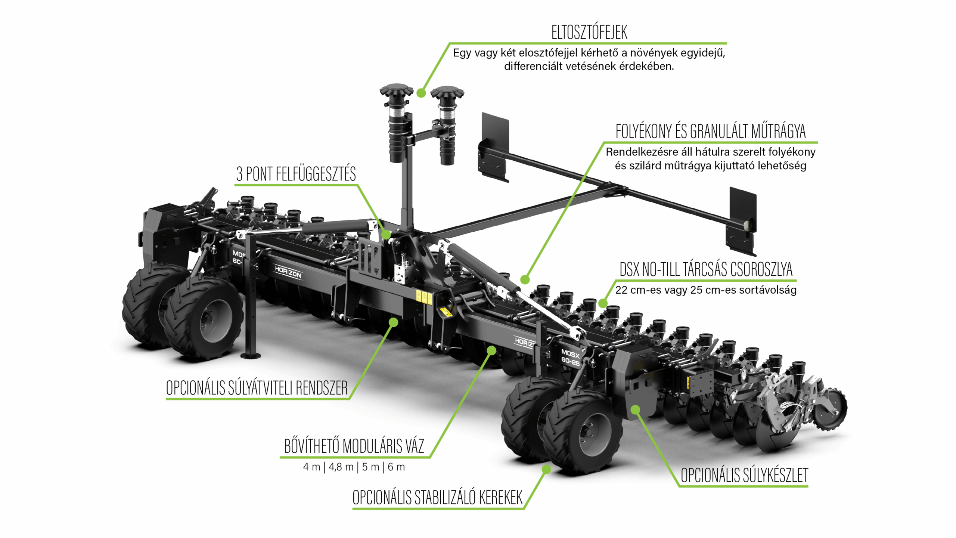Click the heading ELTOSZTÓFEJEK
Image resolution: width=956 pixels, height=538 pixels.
[589, 33]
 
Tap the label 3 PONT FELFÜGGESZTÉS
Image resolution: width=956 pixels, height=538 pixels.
[296, 174]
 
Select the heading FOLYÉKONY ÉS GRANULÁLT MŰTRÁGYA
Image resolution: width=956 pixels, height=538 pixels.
[710, 132]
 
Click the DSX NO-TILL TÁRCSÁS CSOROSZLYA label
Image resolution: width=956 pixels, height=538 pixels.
[706, 269]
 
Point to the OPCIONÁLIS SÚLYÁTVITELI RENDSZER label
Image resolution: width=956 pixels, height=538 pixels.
[257, 388]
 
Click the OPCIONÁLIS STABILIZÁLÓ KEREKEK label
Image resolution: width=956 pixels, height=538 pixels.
[437, 498]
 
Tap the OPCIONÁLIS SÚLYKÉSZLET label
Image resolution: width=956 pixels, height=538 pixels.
[744, 476]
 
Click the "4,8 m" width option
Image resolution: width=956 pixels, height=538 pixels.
[341, 467]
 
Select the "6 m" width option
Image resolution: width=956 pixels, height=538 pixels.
[396, 467]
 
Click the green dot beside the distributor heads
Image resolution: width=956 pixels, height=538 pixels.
[421, 93]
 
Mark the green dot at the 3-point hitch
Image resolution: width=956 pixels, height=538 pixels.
[386, 235]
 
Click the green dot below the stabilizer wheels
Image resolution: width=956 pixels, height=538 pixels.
[546, 469]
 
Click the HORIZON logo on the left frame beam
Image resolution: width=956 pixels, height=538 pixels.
[288, 272]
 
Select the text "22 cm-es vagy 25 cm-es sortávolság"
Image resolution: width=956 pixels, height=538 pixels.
[706, 290]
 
